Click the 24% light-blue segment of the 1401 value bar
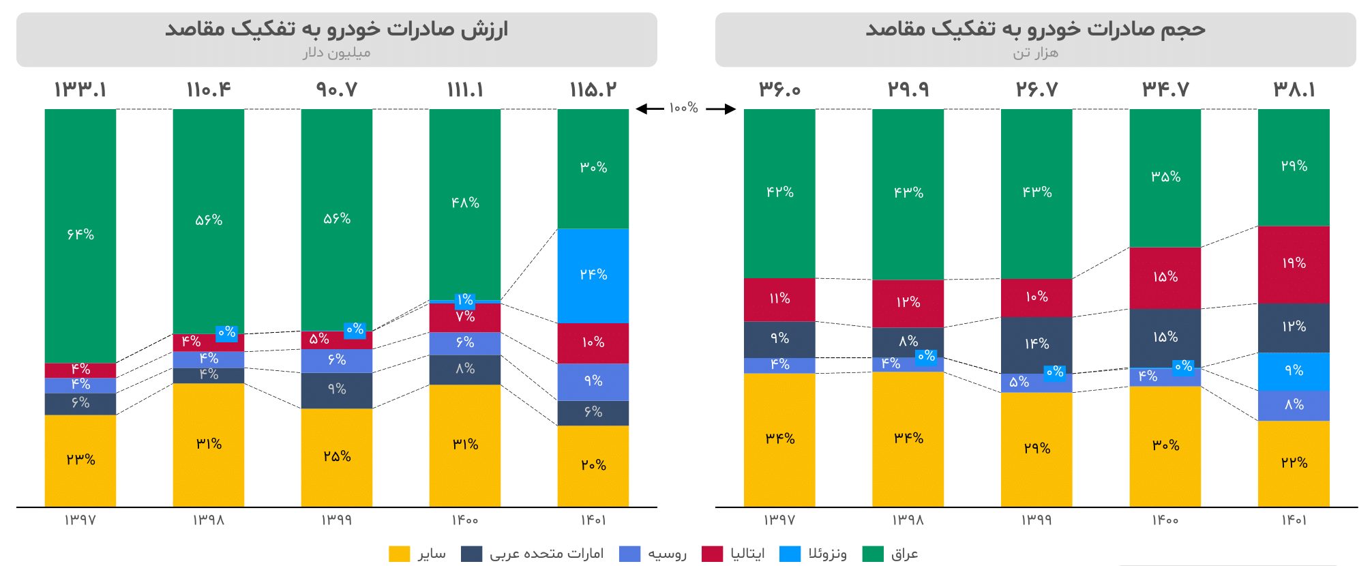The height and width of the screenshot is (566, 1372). [593, 275]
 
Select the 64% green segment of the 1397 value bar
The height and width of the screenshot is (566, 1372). [80, 235]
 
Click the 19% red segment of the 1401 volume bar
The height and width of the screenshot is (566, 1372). [1294, 264]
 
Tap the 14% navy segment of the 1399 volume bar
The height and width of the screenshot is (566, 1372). [1037, 344]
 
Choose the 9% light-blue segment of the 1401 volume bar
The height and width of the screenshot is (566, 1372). [1294, 371]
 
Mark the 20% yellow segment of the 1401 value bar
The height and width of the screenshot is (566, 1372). [593, 465]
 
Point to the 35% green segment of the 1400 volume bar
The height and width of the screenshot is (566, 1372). [1165, 177]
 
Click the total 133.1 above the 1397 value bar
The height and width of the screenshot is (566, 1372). [80, 90]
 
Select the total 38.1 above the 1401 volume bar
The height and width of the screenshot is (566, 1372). [1294, 90]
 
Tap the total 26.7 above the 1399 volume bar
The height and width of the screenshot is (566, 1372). [1037, 90]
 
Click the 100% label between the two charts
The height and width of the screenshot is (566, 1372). [683, 108]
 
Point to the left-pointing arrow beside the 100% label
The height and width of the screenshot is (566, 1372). [649, 108]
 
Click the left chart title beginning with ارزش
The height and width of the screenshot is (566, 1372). [337, 29]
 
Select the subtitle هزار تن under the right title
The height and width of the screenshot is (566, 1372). [1035, 53]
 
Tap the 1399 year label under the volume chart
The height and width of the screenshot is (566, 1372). [1037, 520]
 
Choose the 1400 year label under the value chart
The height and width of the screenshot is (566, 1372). [465, 520]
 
